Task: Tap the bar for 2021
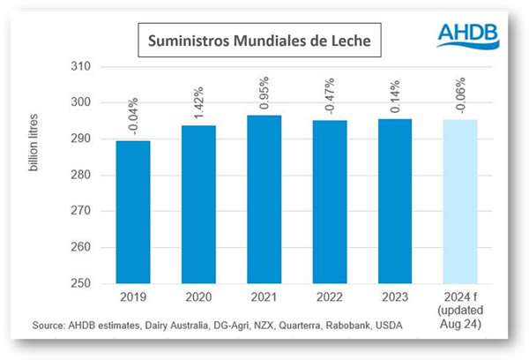(264, 199)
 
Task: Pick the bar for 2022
(331, 202)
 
